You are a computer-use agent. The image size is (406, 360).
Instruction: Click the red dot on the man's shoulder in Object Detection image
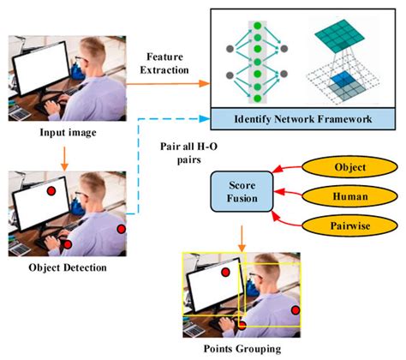click(x=122, y=229)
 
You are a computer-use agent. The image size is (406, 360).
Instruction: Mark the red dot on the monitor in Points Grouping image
click(x=225, y=272)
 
